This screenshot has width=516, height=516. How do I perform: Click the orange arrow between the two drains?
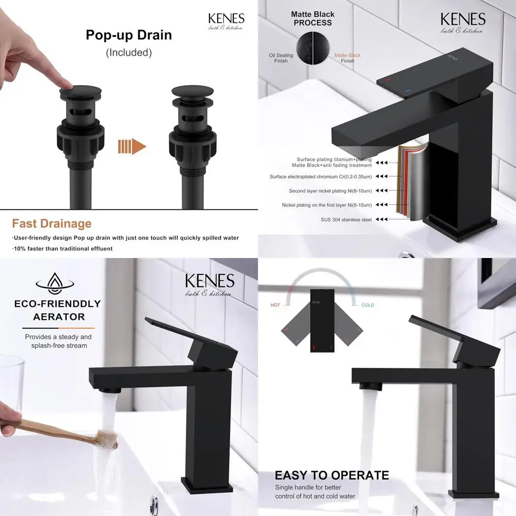(132, 147)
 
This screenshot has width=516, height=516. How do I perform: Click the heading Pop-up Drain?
(128, 36)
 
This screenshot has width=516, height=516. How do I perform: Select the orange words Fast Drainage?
(52, 223)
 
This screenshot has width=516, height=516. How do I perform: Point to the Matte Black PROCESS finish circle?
(313, 50)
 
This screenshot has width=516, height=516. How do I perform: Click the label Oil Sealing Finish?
(281, 58)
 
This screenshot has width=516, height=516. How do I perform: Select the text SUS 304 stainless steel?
(346, 219)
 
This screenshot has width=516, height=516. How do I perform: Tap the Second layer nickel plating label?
(330, 191)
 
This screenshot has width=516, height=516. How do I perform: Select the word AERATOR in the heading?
(59, 316)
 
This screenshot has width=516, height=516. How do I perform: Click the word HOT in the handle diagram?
(276, 305)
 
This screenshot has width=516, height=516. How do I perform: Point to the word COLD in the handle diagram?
(367, 305)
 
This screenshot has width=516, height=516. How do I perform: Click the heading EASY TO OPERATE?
(331, 475)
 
